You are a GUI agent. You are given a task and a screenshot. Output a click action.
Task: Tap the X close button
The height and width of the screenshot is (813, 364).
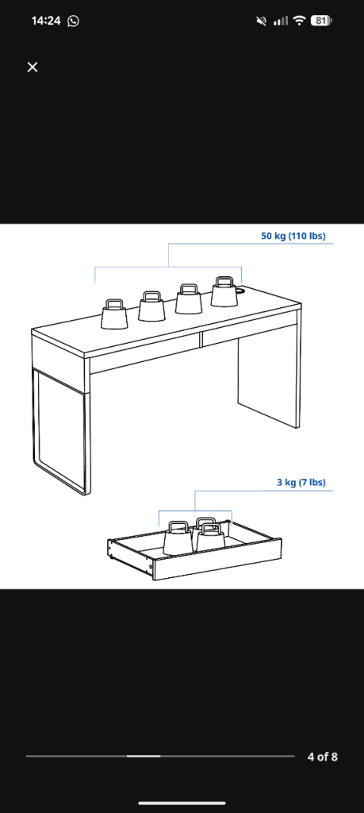click(33, 67)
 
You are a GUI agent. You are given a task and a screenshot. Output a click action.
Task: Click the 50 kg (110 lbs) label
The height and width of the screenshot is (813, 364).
click(293, 236)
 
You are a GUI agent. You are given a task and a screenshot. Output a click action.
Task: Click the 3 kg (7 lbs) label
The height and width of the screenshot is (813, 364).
click(301, 482)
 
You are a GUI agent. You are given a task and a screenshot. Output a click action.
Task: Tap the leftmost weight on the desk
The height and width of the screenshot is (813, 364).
click(114, 314)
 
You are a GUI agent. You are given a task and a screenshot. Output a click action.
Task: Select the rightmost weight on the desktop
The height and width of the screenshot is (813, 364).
click(225, 291)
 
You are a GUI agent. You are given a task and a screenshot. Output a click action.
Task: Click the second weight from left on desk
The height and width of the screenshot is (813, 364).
click(151, 306)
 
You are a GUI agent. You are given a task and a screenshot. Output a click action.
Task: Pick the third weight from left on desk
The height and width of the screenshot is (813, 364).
click(189, 299)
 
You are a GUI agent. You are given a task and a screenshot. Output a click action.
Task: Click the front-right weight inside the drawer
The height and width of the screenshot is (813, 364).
click(210, 538)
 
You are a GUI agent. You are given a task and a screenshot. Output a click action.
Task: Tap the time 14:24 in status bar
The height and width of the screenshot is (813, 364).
click(46, 21)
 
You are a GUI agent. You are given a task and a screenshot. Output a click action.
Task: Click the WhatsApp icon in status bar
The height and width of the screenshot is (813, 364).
click(74, 21)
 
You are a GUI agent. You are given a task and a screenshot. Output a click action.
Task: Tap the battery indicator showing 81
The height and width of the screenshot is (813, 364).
click(321, 21)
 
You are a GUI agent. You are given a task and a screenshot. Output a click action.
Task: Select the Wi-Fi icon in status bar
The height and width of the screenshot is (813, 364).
click(299, 21)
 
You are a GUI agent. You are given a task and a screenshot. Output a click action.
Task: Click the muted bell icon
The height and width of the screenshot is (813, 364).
click(262, 21)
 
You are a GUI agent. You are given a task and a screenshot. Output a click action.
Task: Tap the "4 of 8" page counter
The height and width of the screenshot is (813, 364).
click(322, 757)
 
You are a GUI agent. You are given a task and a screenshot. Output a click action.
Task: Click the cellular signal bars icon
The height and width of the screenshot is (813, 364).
click(280, 21)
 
